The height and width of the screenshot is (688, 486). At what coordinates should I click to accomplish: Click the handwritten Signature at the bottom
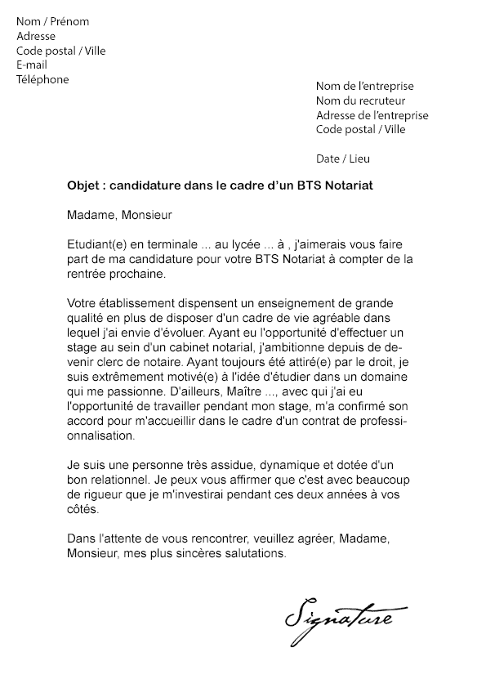[338, 614]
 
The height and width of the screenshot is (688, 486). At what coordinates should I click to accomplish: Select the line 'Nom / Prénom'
[53, 21]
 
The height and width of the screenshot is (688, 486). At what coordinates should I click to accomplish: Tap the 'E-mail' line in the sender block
[32, 65]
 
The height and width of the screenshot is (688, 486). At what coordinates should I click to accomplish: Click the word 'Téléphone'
[42, 79]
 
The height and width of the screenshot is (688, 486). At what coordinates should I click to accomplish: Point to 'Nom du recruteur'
[355, 101]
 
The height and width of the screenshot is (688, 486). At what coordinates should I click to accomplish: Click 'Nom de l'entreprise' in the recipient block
[364, 86]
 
